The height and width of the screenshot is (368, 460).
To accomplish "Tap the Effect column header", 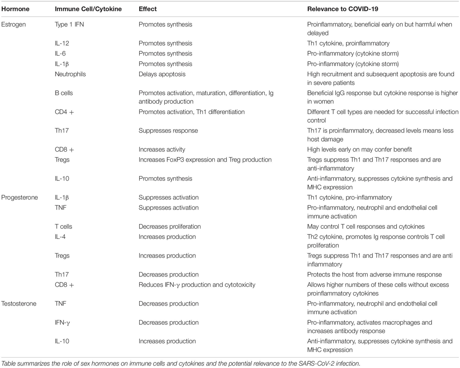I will [147, 8].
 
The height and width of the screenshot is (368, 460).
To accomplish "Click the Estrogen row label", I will [14, 25].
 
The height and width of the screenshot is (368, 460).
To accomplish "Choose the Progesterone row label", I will [19, 198].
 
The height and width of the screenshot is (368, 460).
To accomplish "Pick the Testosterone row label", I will [19, 304].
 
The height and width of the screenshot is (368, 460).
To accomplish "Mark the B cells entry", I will [64, 93].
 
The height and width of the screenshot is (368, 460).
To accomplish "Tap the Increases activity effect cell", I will [162, 150].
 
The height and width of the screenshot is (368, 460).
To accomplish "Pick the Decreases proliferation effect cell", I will [170, 226].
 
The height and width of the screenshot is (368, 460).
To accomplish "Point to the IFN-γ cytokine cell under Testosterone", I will [63, 323].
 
